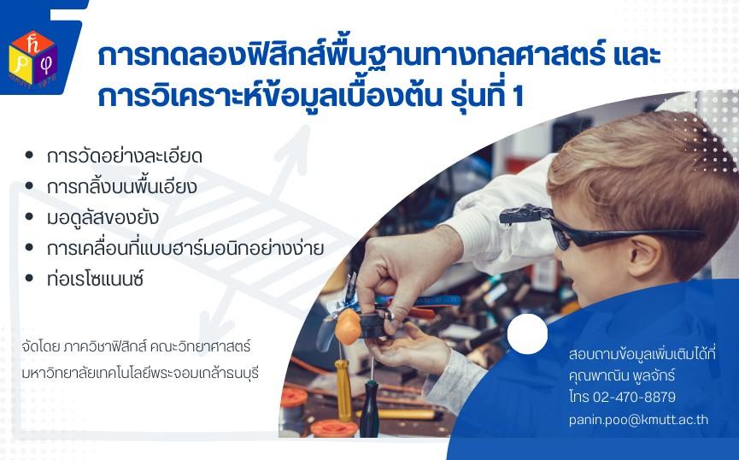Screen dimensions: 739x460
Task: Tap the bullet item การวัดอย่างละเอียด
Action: [x=125, y=156]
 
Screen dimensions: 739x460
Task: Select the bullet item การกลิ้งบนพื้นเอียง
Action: [x=121, y=186]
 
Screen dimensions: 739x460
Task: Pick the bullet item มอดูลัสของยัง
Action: [x=103, y=218]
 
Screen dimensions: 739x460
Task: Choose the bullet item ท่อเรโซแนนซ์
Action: [x=95, y=279]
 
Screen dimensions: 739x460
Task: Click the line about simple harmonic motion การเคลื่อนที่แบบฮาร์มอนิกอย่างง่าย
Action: [x=185, y=248]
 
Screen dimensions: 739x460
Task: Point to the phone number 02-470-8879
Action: [x=634, y=397]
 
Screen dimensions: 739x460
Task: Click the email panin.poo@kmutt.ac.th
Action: [x=638, y=420]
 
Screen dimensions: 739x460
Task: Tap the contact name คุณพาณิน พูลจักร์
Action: [x=622, y=375]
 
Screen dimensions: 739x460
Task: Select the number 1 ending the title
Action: [x=518, y=97]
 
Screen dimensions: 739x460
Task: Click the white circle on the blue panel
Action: [x=527, y=333]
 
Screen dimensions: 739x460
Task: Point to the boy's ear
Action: [x=645, y=256]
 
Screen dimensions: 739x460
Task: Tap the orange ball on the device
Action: [x=348, y=327]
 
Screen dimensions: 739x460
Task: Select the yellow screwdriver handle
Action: [x=343, y=389]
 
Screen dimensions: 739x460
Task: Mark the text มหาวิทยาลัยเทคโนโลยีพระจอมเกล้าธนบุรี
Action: [x=140, y=373]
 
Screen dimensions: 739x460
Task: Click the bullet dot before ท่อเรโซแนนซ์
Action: [x=29, y=279]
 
